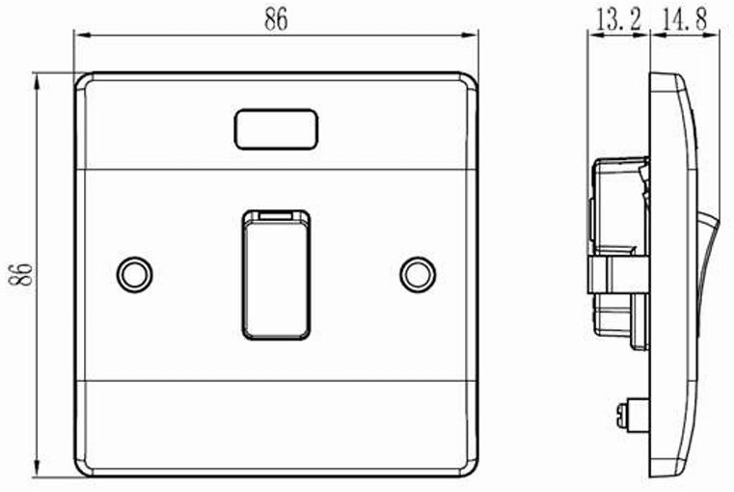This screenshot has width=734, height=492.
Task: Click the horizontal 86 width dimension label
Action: click(276, 20)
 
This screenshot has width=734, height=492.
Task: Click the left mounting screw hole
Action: click(134, 274)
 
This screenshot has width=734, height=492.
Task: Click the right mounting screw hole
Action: click(418, 274)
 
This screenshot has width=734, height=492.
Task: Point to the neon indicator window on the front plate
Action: click(277, 129)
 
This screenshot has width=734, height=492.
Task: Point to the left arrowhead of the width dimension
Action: click(79, 37)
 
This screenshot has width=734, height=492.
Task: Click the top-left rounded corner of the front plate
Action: click(84, 81)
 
